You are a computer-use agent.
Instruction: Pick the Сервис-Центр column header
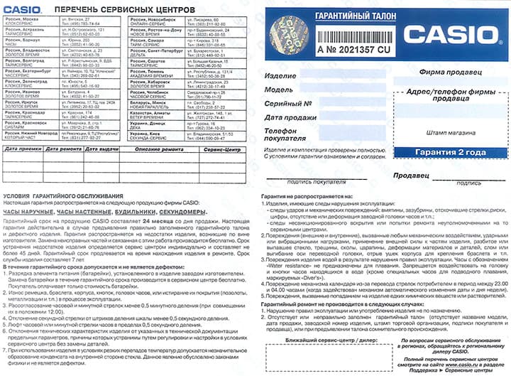222,150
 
